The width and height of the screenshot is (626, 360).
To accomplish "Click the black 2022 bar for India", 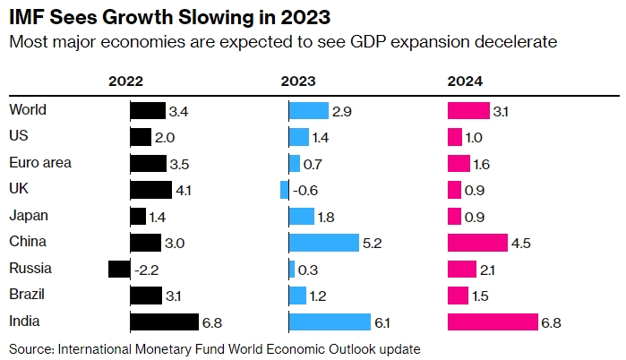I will point(164,321).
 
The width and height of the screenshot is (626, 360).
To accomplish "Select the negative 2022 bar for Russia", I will point(118,269).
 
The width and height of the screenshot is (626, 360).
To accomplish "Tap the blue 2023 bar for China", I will point(323,243).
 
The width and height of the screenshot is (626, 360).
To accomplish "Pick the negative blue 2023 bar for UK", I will point(285,190).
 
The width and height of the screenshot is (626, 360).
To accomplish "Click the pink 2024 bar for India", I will point(492,321).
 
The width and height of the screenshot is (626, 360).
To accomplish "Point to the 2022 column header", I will point(126,81).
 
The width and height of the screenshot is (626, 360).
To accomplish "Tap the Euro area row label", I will point(40,163).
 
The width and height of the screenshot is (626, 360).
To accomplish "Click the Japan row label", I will point(28,216).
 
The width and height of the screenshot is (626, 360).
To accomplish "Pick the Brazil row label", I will point(27,295).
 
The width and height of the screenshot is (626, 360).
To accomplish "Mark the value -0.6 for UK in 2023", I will point(305,191).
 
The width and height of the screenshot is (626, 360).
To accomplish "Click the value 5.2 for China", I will point(373,243).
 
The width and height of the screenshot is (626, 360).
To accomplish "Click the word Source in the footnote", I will point(30,347).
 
